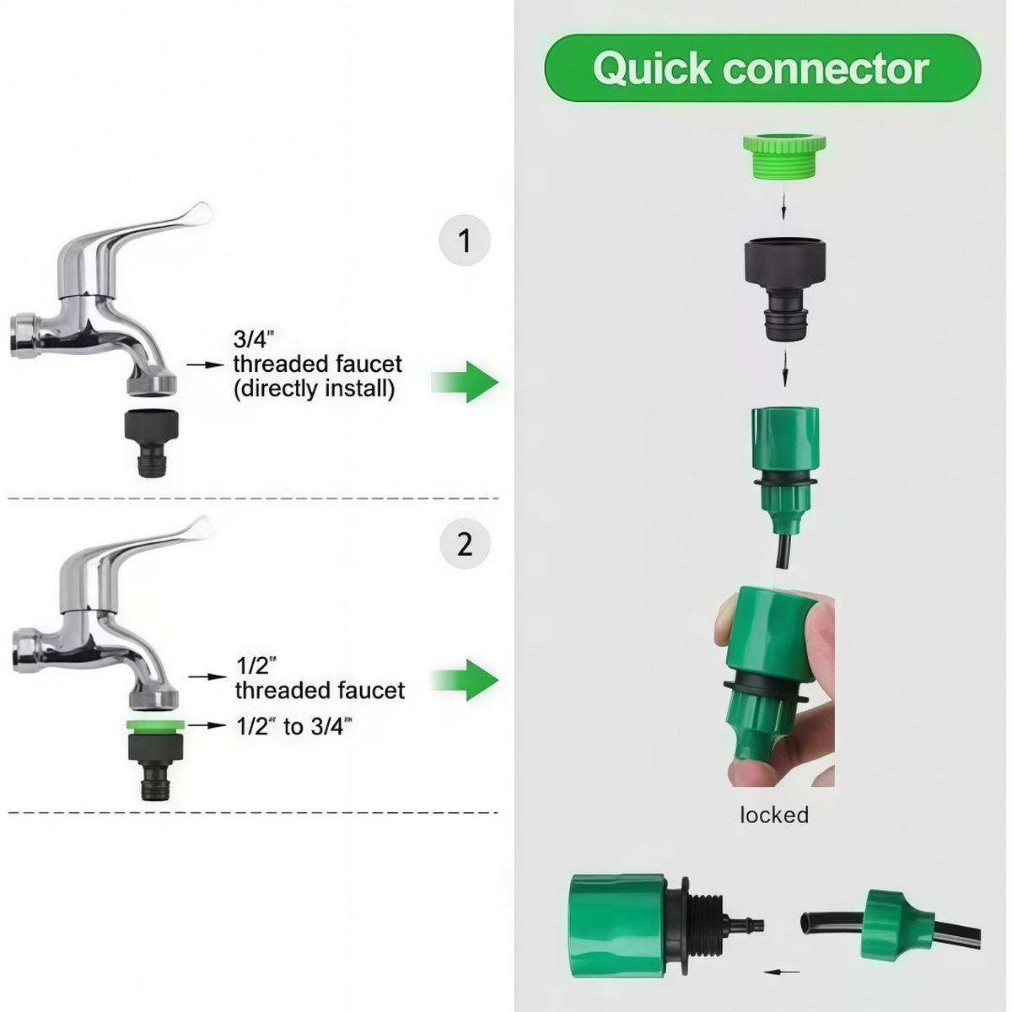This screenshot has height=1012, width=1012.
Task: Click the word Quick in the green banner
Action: [653, 69]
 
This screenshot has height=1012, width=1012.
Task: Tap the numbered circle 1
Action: [464, 240]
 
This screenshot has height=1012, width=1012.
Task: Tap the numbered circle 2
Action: [465, 543]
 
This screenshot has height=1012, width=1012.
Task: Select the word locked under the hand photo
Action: [774, 816]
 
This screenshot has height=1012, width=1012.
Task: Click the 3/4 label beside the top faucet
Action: [254, 338]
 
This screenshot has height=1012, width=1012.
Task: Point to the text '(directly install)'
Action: [314, 389]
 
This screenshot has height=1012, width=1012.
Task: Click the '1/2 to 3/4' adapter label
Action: [294, 726]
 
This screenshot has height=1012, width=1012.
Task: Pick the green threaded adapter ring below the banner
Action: [784, 156]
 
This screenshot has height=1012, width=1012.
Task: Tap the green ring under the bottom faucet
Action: [155, 726]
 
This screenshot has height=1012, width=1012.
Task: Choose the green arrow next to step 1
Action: [464, 382]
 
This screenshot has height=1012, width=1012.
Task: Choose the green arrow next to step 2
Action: [464, 681]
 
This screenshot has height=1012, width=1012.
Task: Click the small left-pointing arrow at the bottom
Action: [782, 972]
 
